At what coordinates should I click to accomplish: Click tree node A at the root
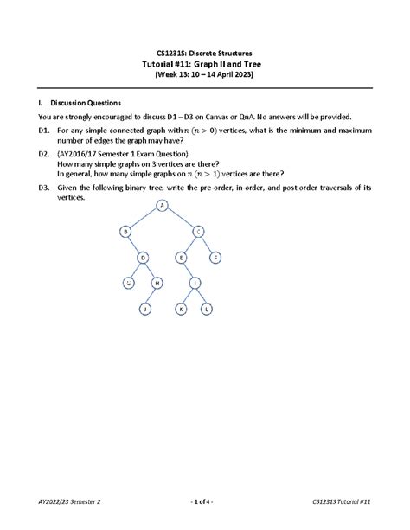click(162, 205)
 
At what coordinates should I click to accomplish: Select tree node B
click(125, 231)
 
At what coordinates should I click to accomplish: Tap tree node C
click(198, 231)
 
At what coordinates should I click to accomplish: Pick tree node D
click(144, 257)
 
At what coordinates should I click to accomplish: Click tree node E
click(181, 257)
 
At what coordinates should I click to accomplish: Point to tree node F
click(215, 257)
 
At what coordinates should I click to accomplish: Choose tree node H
click(157, 283)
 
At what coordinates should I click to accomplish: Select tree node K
click(182, 309)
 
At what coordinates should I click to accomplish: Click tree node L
click(207, 309)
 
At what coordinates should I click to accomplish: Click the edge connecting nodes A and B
click(144, 218)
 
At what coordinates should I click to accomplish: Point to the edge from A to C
click(180, 218)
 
